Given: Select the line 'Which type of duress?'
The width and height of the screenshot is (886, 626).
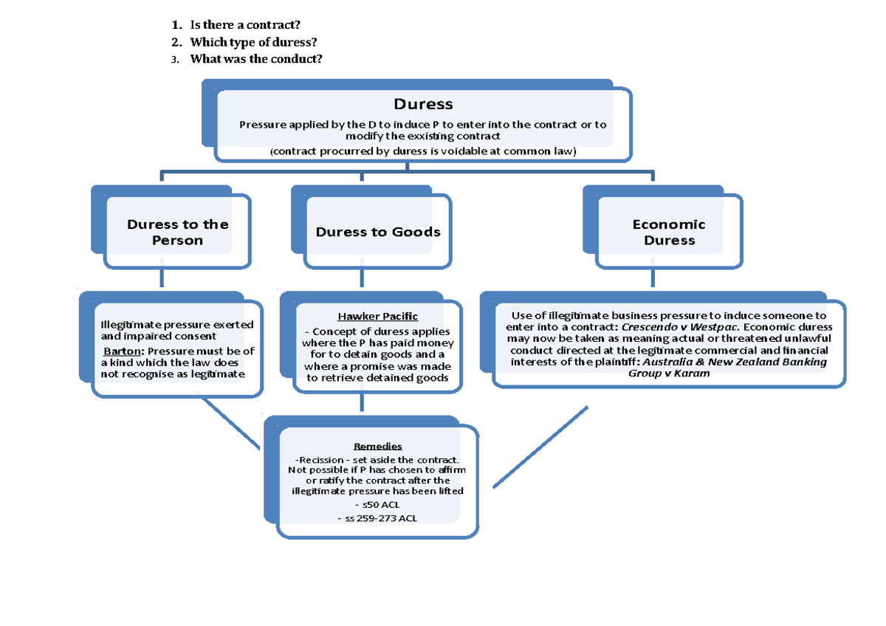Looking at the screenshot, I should [247, 43].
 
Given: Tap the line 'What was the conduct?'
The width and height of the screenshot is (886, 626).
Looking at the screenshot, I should [256, 59].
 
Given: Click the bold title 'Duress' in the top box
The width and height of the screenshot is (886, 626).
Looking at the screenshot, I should [423, 104].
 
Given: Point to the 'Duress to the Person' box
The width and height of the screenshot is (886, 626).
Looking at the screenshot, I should [177, 232].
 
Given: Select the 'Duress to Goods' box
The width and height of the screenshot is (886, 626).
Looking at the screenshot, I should [378, 232].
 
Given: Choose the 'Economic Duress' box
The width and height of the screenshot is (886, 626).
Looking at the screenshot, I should [669, 232].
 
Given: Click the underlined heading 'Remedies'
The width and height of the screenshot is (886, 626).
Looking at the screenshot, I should [378, 447].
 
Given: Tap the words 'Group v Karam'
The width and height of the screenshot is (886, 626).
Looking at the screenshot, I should [668, 374].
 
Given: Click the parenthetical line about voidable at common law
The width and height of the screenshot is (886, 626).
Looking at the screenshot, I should [422, 151].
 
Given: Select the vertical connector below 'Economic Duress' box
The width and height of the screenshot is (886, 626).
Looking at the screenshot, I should [652, 278].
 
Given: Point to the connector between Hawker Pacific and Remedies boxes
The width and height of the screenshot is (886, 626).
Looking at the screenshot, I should [361, 402].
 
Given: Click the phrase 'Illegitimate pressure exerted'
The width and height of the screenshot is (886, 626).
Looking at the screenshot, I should [177, 325].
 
